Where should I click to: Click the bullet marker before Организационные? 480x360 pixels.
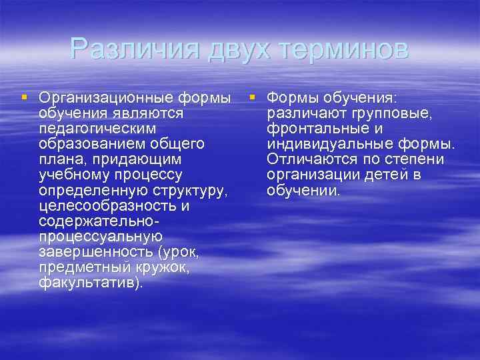coord(25,97)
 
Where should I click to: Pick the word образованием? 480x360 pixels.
coord(86,144)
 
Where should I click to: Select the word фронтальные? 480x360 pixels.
coord(316,129)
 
